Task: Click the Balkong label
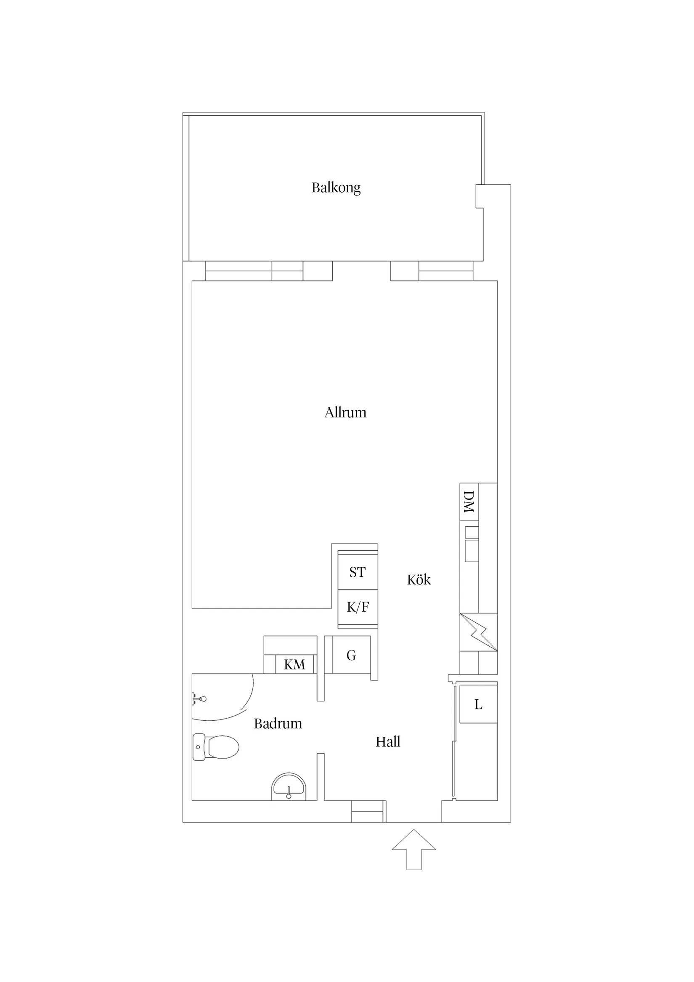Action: (x=336, y=188)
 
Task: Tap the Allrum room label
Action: (x=345, y=413)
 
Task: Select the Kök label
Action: (x=419, y=579)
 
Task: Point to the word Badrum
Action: (x=278, y=723)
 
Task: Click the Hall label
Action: (x=388, y=741)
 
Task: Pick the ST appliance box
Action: (x=358, y=572)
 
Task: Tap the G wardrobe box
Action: (x=352, y=655)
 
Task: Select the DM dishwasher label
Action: (x=469, y=502)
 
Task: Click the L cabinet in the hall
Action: (x=479, y=704)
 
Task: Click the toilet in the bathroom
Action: (x=216, y=747)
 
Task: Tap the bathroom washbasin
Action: (x=289, y=786)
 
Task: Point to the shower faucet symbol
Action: (x=199, y=699)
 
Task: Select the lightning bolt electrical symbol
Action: (x=479, y=632)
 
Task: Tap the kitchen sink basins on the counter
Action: (x=471, y=544)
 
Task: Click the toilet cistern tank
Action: (x=199, y=747)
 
